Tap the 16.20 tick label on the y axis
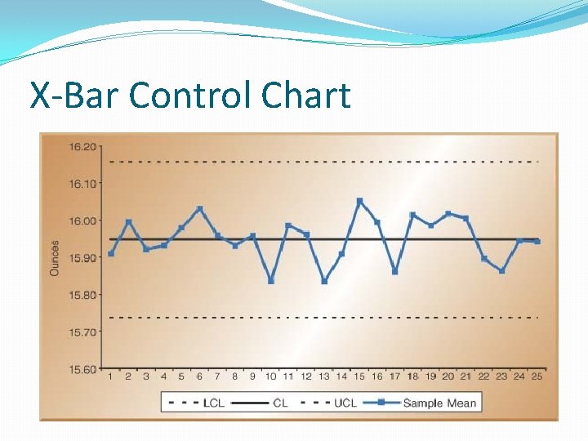[81, 147]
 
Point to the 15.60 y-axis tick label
[81, 369]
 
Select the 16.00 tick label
[81, 220]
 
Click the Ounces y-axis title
[55, 257]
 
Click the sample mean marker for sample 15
[359, 200]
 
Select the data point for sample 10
[271, 281]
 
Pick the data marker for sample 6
[200, 208]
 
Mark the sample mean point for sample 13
[324, 281]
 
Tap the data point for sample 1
[111, 253]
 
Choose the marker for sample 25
[537, 242]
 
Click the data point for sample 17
[394, 272]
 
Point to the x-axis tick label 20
[448, 376]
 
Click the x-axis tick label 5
[181, 376]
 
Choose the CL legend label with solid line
[280, 403]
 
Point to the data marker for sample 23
[501, 270]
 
